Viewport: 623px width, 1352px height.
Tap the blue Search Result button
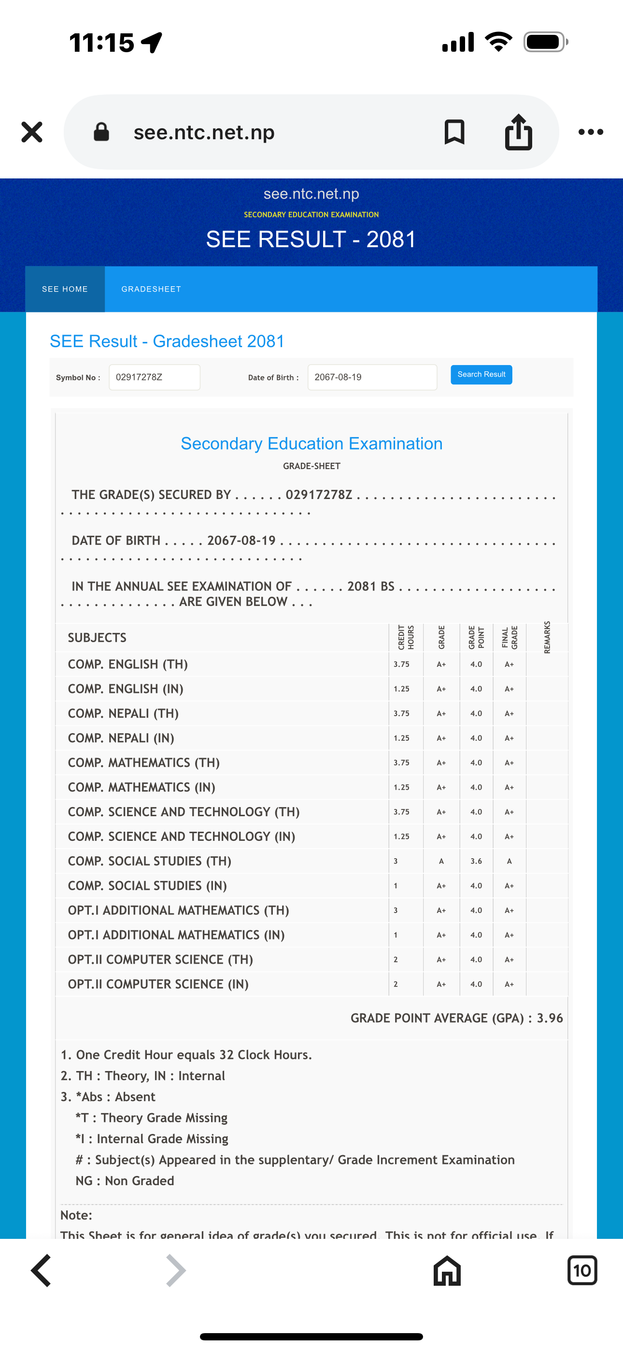tap(481, 375)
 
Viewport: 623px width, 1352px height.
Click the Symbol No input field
tap(154, 377)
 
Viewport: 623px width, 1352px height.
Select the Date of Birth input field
tap(372, 377)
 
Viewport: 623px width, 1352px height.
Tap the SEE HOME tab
tap(65, 289)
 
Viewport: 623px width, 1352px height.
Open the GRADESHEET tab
tap(151, 289)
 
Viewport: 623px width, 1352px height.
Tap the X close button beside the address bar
tap(32, 132)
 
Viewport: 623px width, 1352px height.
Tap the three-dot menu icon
tap(591, 132)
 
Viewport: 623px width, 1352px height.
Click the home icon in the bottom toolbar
tap(447, 1271)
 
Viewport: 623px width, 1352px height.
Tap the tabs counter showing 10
tap(582, 1271)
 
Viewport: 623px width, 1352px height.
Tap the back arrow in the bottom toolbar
tap(42, 1271)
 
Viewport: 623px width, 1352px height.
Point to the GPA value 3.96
tap(550, 1018)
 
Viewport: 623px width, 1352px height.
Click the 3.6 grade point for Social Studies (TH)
tap(476, 861)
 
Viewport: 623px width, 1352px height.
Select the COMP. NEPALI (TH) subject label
tap(123, 714)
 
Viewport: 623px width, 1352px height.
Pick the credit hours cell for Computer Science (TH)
tap(396, 960)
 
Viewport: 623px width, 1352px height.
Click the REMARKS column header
tap(547, 637)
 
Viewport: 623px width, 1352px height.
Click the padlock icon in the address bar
tap(101, 132)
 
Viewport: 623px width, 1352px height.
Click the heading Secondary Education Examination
tap(311, 444)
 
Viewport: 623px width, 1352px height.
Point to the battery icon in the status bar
tap(545, 42)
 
